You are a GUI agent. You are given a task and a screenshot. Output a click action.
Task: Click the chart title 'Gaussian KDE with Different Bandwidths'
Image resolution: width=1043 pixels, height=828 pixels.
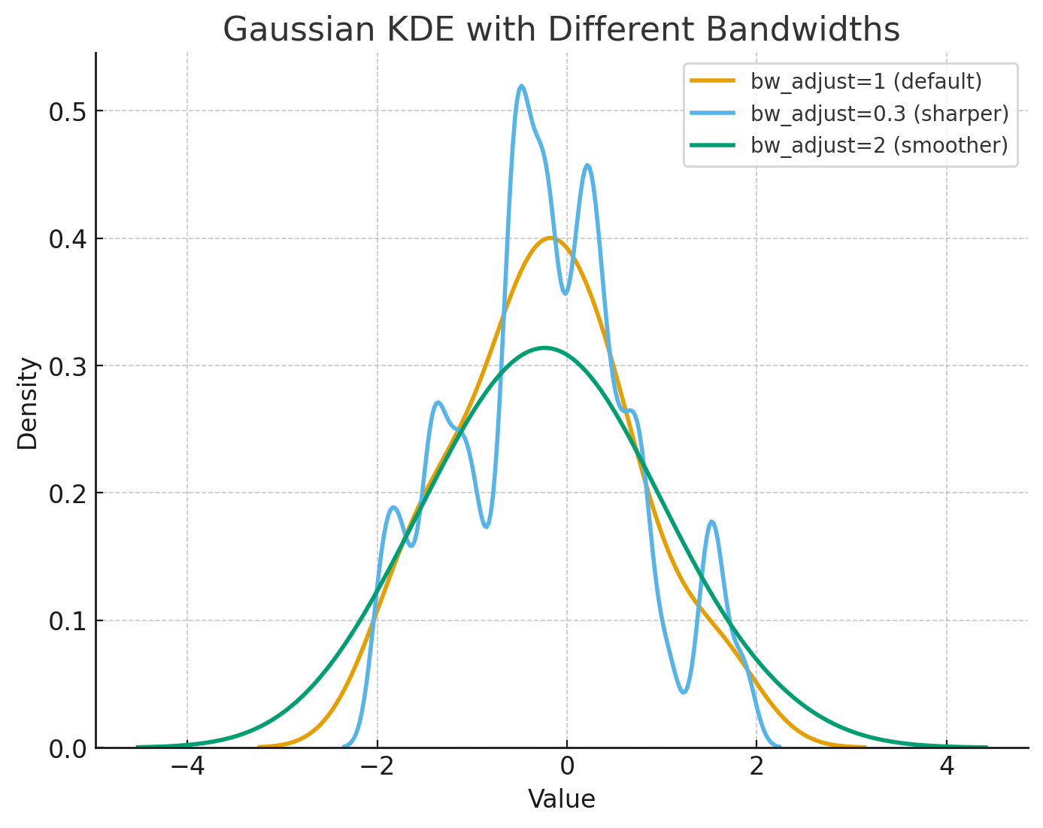pos(561,30)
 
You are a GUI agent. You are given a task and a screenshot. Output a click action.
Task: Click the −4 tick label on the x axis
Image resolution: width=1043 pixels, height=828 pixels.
pos(187,768)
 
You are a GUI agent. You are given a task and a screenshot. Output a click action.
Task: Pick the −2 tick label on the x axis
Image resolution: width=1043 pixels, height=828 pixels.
pos(377,768)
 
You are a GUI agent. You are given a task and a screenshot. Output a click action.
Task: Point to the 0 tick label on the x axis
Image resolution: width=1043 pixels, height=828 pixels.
pos(567,768)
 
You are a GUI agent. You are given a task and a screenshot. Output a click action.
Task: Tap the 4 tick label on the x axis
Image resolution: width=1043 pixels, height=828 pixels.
pos(947,768)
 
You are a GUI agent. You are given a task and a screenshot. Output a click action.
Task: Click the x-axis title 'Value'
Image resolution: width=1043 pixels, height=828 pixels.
pos(561,799)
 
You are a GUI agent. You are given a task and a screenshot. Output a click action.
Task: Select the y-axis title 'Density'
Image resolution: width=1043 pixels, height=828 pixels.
pos(28,404)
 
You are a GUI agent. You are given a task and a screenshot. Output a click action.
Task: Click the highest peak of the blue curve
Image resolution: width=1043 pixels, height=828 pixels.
pos(521,86)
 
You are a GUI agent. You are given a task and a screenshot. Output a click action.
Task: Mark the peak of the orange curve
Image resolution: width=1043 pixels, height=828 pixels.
pos(550,238)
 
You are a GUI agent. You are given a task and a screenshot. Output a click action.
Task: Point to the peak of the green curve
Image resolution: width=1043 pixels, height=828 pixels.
pos(544,347)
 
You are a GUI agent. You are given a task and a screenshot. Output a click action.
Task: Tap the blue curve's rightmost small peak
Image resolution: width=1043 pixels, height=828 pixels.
pos(711,521)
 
